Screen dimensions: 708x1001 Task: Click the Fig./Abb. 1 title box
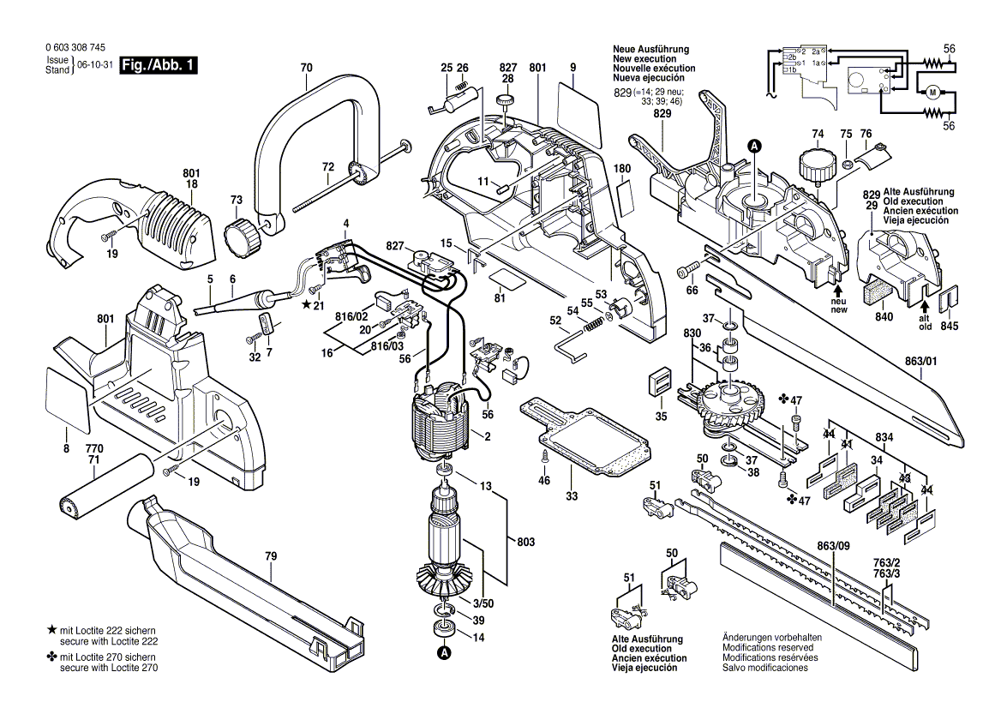click(x=159, y=65)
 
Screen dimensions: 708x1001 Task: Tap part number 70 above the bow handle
click(x=307, y=68)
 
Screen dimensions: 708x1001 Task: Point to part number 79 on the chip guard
click(x=271, y=557)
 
